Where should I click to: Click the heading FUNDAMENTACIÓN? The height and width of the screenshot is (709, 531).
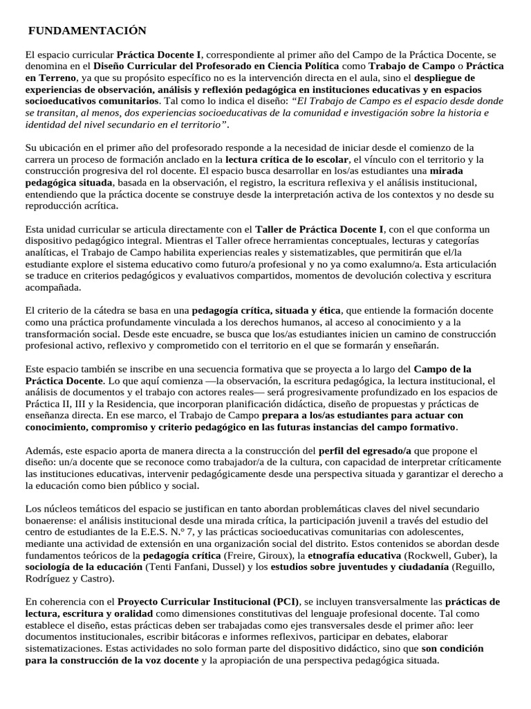(87, 31)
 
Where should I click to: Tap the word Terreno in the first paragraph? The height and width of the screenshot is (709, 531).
(56, 78)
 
